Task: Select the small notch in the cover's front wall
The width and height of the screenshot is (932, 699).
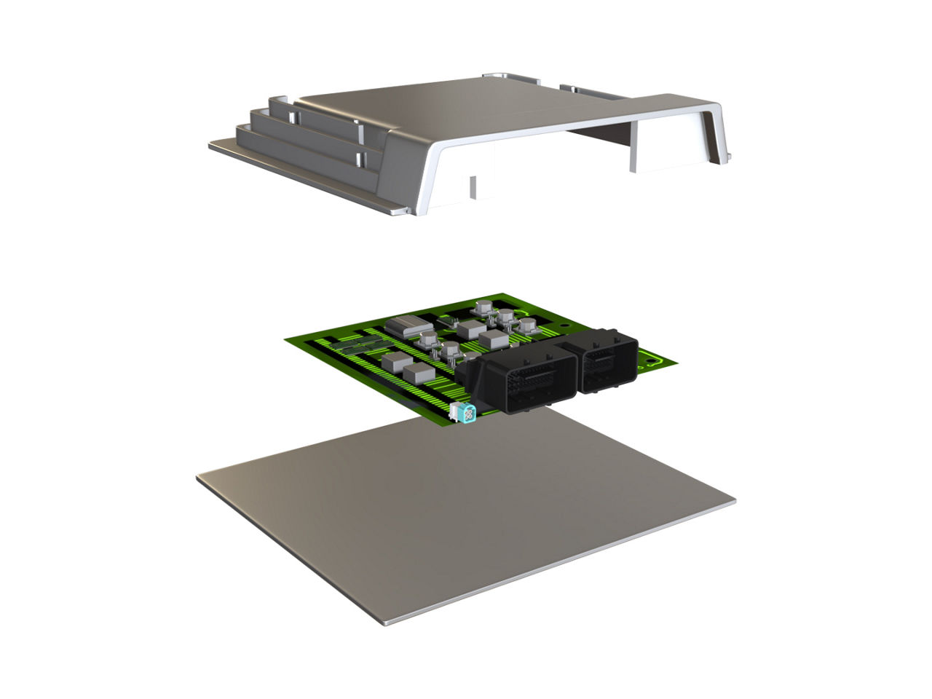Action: (x=473, y=186)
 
